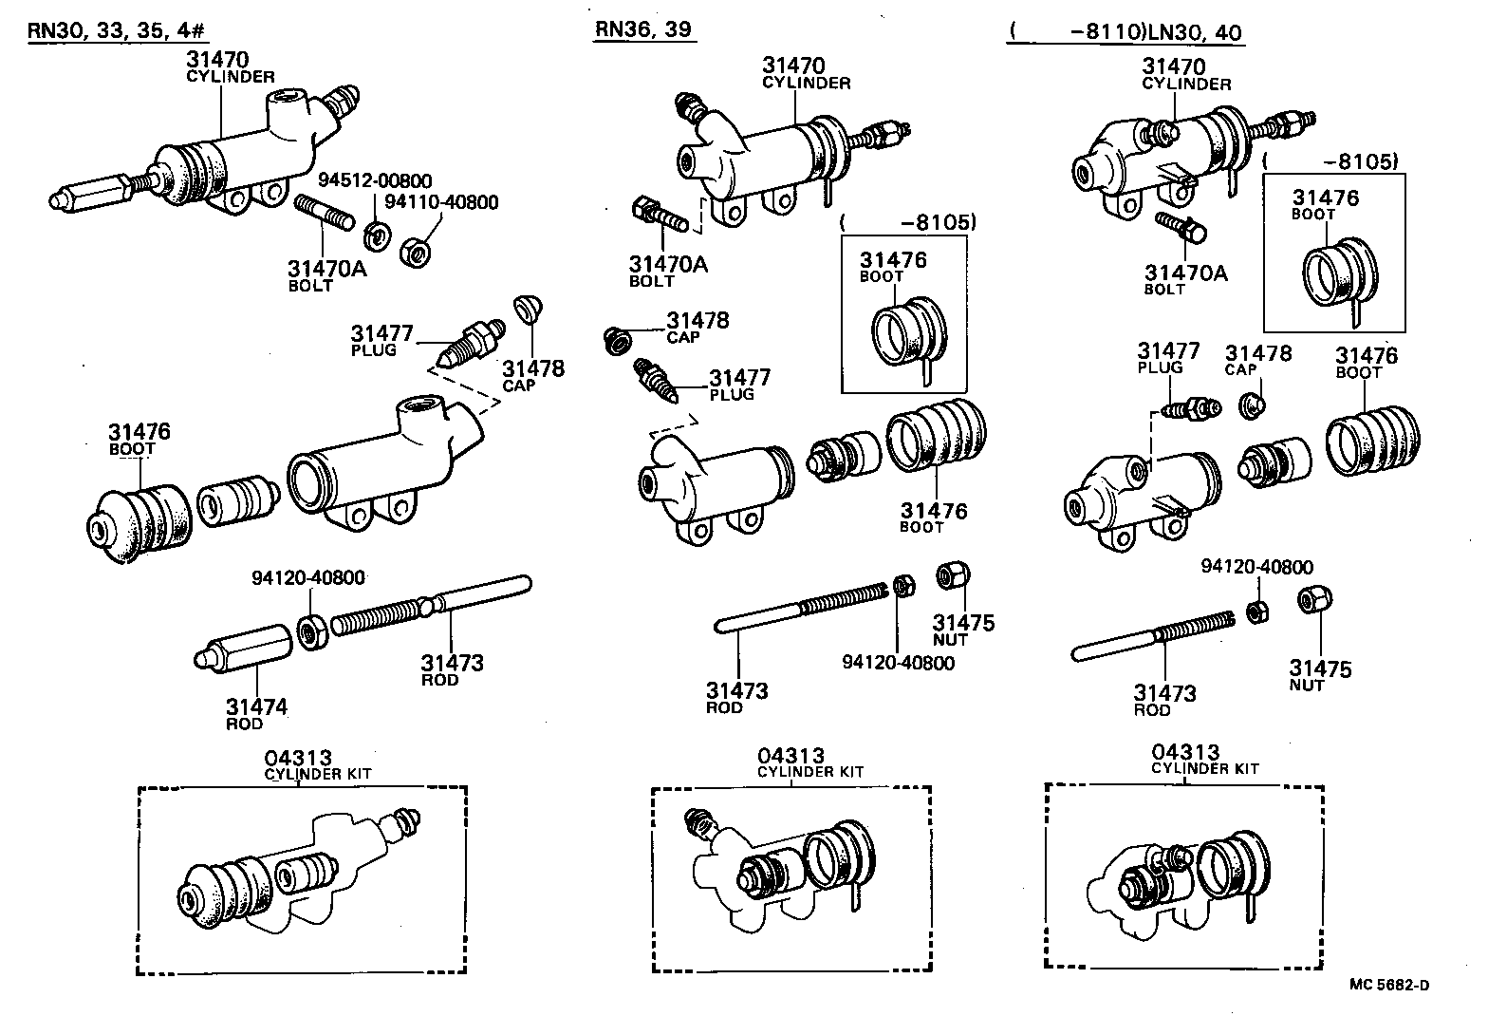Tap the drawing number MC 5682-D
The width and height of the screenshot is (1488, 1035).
tap(1389, 984)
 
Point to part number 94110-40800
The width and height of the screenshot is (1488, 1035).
tap(441, 201)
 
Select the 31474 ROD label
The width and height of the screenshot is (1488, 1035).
tap(256, 713)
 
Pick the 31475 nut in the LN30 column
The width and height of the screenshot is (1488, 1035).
tap(1314, 599)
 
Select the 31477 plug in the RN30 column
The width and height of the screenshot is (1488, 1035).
tap(469, 345)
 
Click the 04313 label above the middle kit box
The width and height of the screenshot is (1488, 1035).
tap(790, 756)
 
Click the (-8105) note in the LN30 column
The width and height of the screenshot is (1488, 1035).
tap(1331, 161)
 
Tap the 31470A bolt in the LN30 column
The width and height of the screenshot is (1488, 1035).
tap(1180, 226)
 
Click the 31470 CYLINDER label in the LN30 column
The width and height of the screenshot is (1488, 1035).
tap(1184, 73)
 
